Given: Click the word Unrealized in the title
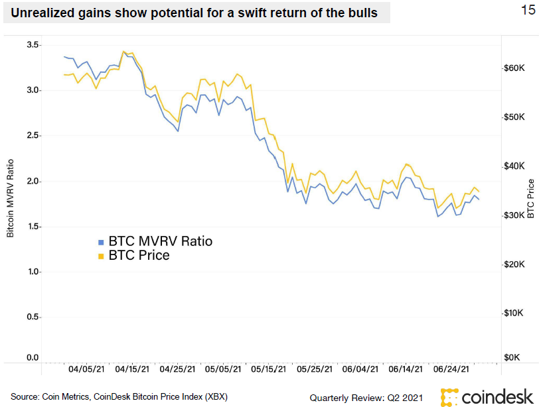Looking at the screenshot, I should [40, 13].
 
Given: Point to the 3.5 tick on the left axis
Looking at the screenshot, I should [32, 45].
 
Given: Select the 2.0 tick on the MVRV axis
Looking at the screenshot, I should [32, 182].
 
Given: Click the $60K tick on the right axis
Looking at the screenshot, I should [515, 68].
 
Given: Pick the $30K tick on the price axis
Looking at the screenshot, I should [515, 215].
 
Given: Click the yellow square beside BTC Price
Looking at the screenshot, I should [101, 256].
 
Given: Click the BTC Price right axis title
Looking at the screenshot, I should [530, 198].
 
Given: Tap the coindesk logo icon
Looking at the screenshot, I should [449, 396].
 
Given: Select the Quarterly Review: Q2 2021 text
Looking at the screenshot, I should [366, 397].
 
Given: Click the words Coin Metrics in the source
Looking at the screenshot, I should [63, 397].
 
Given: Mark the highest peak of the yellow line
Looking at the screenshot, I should [124, 50].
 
